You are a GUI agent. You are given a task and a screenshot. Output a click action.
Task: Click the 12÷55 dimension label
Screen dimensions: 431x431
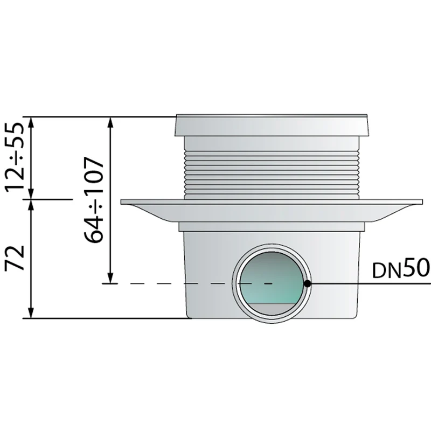coord(15,157)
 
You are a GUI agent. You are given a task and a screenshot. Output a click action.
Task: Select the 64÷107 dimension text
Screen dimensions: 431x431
coord(94,200)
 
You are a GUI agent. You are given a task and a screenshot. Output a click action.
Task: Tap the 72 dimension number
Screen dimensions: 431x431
coord(15,258)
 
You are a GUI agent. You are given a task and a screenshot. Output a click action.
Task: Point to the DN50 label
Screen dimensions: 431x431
coord(401,269)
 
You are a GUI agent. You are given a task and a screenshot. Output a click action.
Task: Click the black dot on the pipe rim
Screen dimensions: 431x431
coord(308,283)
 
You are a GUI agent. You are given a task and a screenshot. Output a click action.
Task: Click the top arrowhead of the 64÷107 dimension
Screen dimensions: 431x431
coord(110,122)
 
